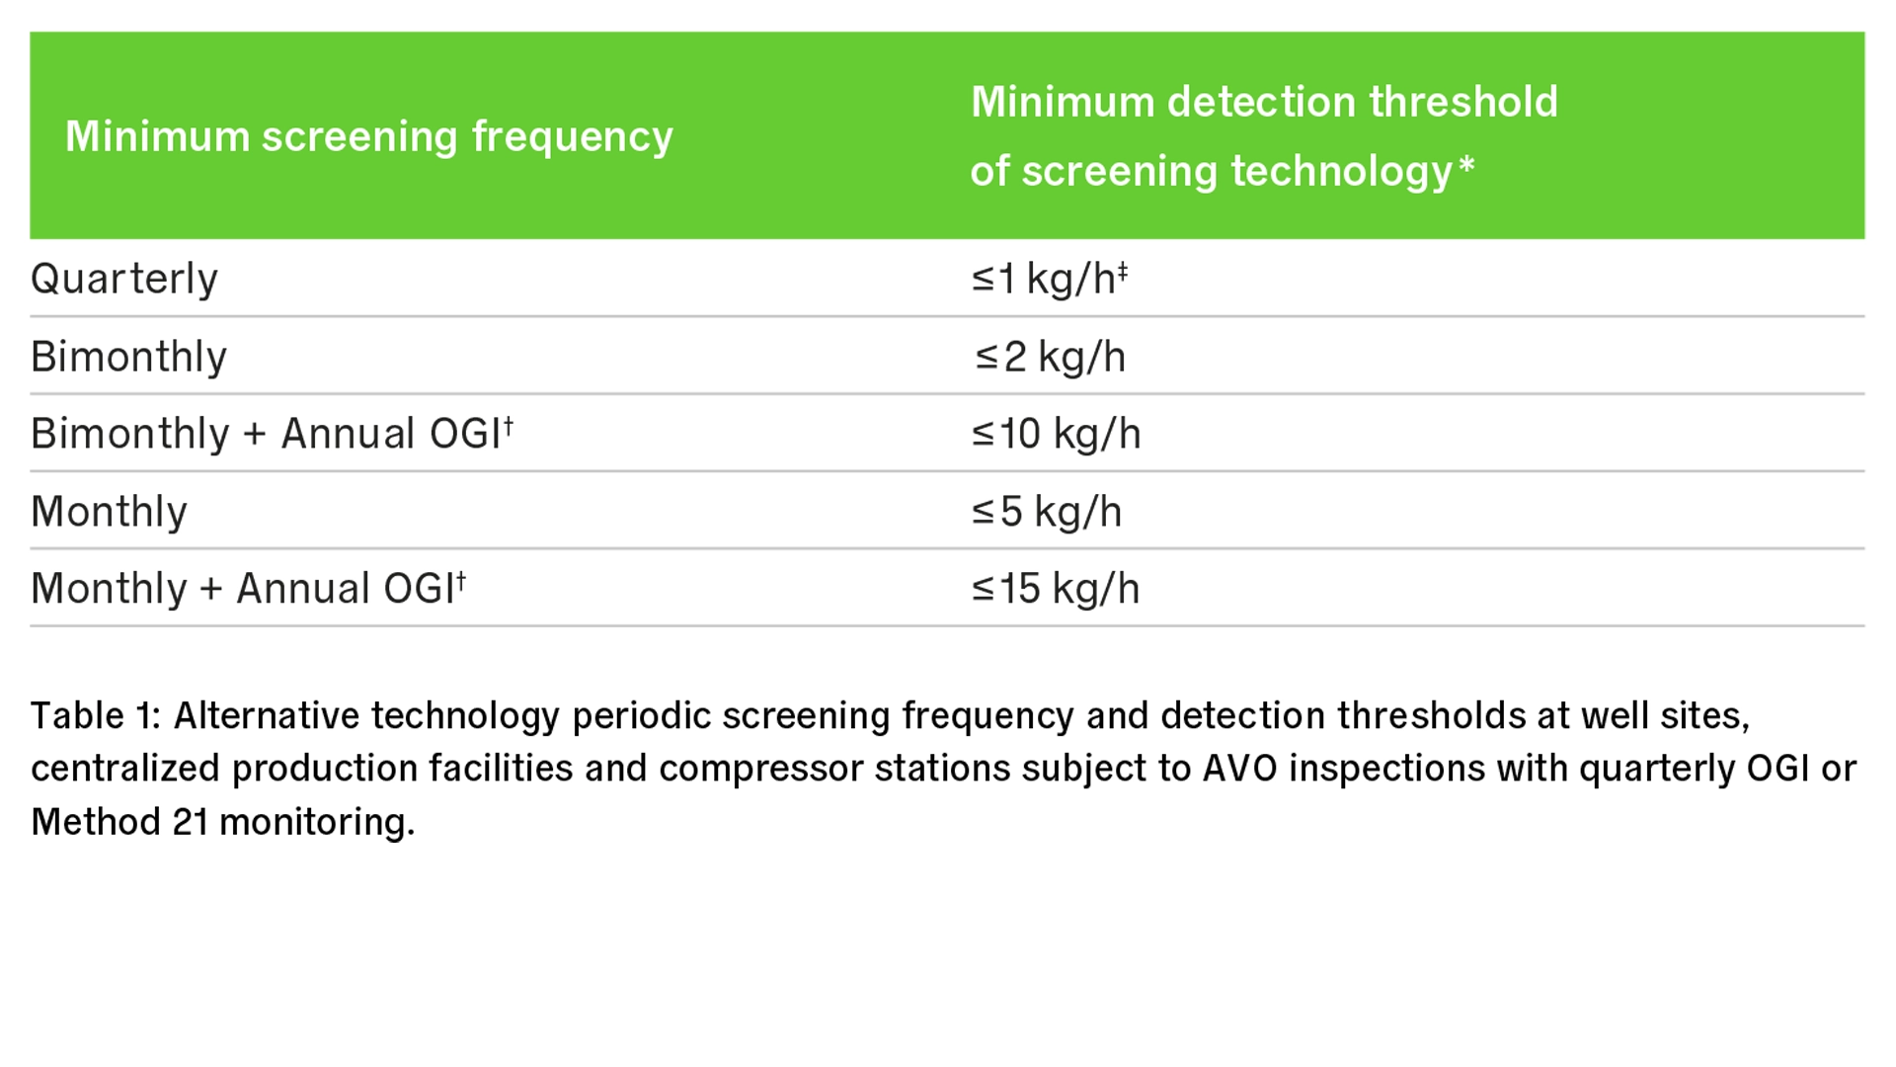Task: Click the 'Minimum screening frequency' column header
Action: click(368, 136)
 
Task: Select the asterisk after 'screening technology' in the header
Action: click(1466, 164)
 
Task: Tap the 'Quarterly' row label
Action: click(123, 280)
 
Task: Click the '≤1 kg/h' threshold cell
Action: click(1049, 279)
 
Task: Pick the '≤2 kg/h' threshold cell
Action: click(1050, 357)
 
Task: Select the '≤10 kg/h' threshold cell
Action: click(1056, 434)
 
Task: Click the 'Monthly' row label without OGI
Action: click(109, 512)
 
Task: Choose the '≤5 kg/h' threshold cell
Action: click(1047, 512)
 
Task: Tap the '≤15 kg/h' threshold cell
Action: click(1055, 589)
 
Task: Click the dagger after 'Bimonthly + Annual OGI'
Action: click(509, 425)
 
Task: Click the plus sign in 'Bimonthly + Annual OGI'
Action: click(255, 435)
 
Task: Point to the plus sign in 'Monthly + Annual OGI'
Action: click(211, 590)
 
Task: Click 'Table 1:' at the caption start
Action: click(96, 715)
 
